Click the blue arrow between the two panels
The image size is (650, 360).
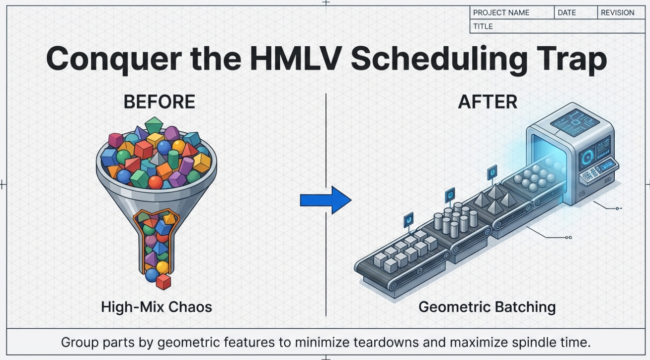tap(325, 200)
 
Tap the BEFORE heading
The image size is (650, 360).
tap(159, 102)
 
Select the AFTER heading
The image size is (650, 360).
tap(487, 102)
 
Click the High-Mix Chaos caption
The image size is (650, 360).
tap(157, 307)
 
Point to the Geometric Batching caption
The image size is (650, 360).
tap(487, 307)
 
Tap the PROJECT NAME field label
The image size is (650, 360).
tap(501, 13)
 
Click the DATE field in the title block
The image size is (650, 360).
tap(567, 13)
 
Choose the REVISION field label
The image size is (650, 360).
tap(617, 13)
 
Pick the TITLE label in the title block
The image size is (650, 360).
tap(483, 26)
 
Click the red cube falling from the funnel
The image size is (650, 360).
tap(163, 282)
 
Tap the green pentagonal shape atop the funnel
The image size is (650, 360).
tap(154, 124)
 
